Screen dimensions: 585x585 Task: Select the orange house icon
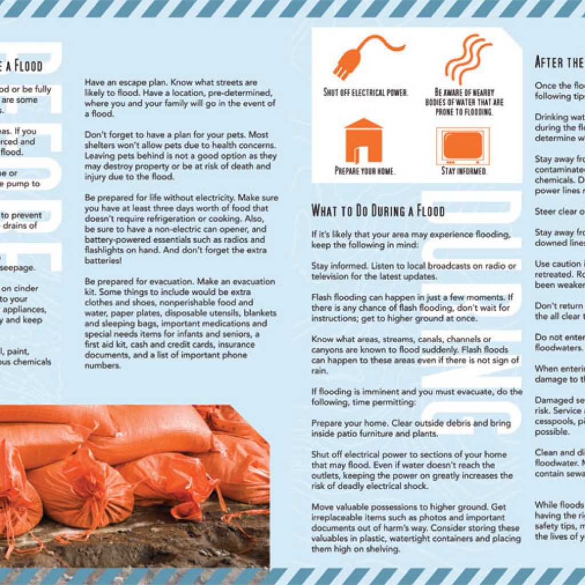pos(363,141)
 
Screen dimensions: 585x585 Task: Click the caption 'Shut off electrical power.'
pos(366,93)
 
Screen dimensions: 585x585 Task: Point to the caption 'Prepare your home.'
pos(364,170)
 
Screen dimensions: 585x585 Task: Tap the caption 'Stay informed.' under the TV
pos(464,170)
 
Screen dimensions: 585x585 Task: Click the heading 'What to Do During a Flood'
pos(378,210)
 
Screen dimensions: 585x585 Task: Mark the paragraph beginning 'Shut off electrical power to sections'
pos(412,470)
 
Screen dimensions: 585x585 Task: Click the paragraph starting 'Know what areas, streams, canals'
pos(416,355)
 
